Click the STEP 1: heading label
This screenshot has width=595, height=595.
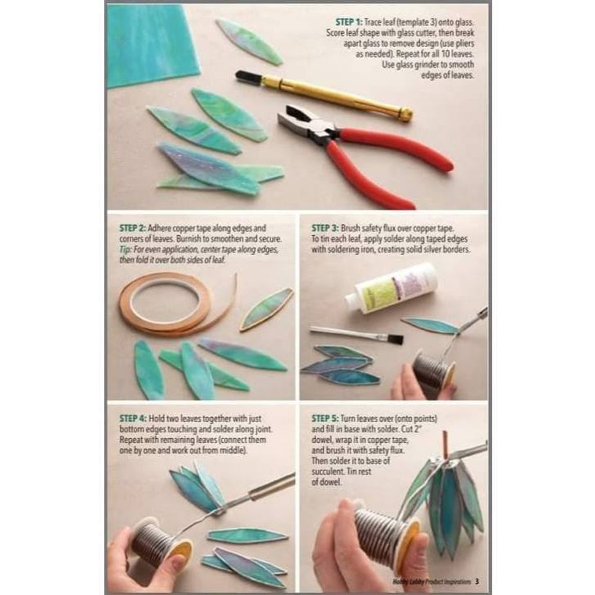(349, 22)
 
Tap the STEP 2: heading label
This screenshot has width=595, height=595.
(132, 228)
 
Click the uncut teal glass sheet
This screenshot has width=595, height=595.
(152, 45)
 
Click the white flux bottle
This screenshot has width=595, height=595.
(391, 288)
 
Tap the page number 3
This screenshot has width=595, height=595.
(477, 581)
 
